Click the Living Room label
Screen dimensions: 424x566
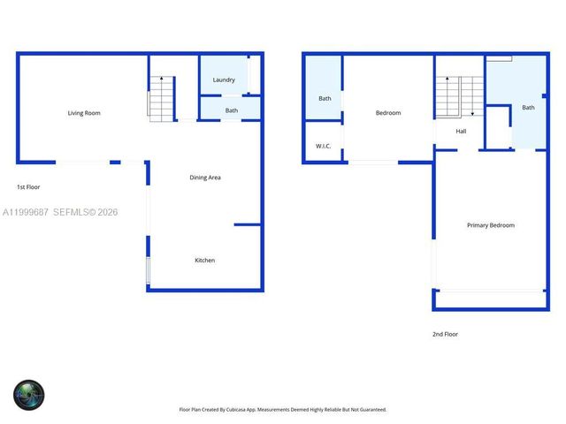(85, 113)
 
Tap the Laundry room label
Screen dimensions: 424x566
(224, 80)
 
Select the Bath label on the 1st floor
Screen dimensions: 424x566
(232, 110)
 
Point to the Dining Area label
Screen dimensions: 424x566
(205, 178)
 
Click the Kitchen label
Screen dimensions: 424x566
(205, 261)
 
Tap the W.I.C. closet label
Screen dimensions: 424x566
(323, 147)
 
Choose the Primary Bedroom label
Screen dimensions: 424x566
(490, 225)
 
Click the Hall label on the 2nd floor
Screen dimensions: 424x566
(461, 132)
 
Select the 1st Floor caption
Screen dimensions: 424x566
(28, 187)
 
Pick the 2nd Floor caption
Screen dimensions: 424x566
(445, 334)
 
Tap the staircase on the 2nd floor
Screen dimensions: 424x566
(459, 95)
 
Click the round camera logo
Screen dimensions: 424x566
(28, 394)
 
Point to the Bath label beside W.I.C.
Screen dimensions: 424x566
(325, 98)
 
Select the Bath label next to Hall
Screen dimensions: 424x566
(528, 108)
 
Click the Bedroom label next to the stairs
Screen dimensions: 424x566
(388, 113)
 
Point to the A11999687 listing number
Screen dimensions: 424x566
(25, 213)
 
